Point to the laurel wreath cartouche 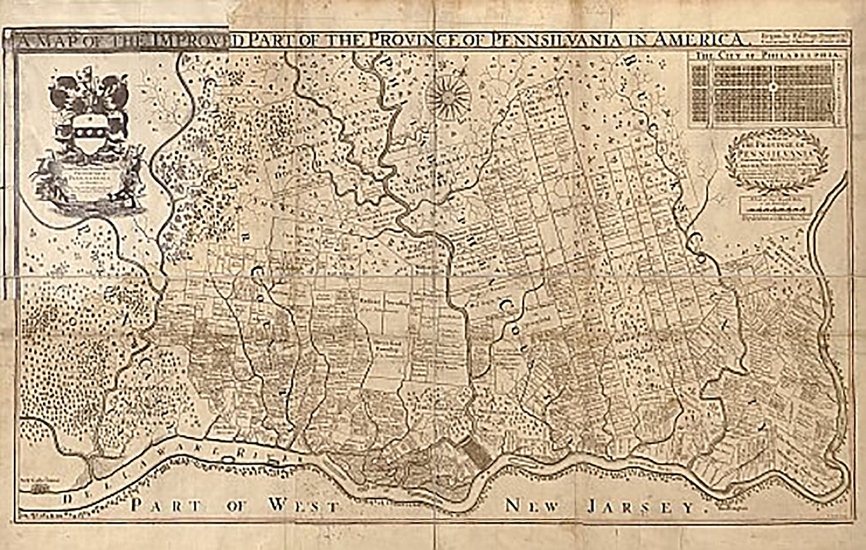pyautogui.click(x=776, y=160)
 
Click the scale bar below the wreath pyautogui.click(x=776, y=206)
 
